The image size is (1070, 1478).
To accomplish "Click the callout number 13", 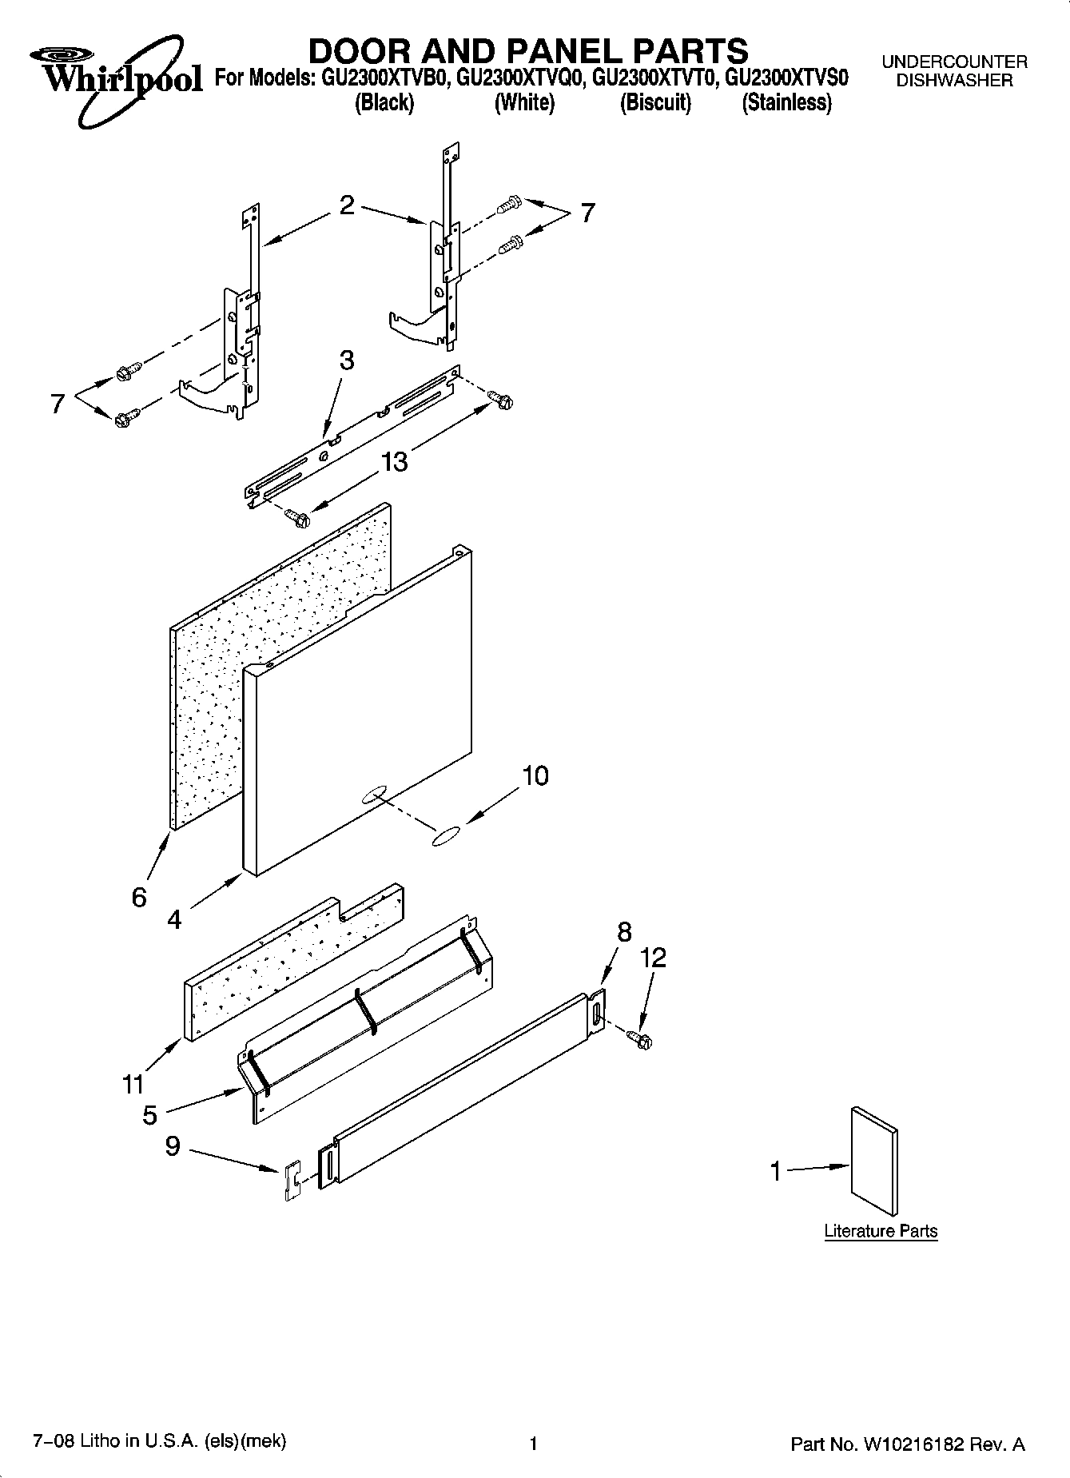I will [x=395, y=461].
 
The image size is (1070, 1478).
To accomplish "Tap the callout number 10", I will [x=535, y=775].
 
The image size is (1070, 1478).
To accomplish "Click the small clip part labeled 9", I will [x=292, y=1181].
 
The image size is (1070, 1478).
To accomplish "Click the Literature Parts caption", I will [x=881, y=1231].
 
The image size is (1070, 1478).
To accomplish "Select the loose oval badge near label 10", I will [x=445, y=836].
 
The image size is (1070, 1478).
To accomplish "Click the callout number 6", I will [x=139, y=898].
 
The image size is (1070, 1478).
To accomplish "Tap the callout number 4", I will [x=174, y=920].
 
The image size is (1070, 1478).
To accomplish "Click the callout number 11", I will [x=133, y=1085].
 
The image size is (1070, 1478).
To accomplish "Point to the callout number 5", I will [x=150, y=1116].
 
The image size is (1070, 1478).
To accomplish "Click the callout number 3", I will [x=346, y=360].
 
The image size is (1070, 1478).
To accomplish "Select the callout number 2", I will [x=346, y=206].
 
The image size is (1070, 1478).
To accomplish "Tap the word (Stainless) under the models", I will [x=786, y=103].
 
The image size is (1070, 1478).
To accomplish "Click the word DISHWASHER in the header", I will [x=954, y=80].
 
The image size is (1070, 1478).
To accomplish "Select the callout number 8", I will [x=625, y=931].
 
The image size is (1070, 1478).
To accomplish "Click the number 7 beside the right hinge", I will [x=587, y=213].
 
